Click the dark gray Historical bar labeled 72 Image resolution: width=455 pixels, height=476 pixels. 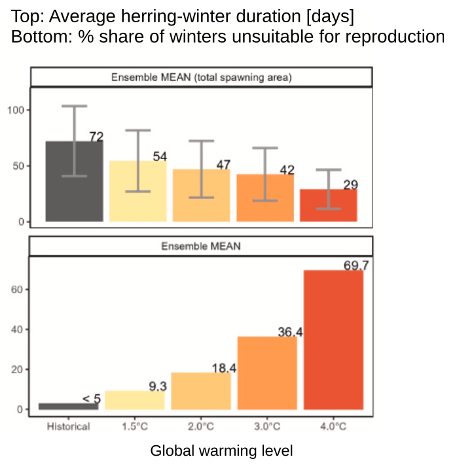click(x=74, y=190)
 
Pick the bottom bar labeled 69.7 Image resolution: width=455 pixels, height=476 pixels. click(x=333, y=340)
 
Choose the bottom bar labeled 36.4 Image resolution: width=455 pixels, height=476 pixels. click(x=266, y=373)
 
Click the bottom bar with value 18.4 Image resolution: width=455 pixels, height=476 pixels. click(x=201, y=392)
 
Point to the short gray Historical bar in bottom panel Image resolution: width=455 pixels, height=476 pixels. click(x=68, y=407)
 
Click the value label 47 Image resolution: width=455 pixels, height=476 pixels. click(x=223, y=165)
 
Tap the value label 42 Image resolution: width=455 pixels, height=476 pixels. click(x=287, y=170)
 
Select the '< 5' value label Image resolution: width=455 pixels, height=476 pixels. click(x=92, y=399)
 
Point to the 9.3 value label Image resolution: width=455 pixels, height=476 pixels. click(x=158, y=387)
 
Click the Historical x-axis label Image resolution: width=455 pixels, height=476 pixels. click(x=68, y=427)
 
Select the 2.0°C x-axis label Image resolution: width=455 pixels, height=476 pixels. click(x=201, y=427)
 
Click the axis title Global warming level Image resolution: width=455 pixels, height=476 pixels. click(x=221, y=451)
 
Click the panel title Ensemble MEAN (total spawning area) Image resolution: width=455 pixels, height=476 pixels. click(x=201, y=77)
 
